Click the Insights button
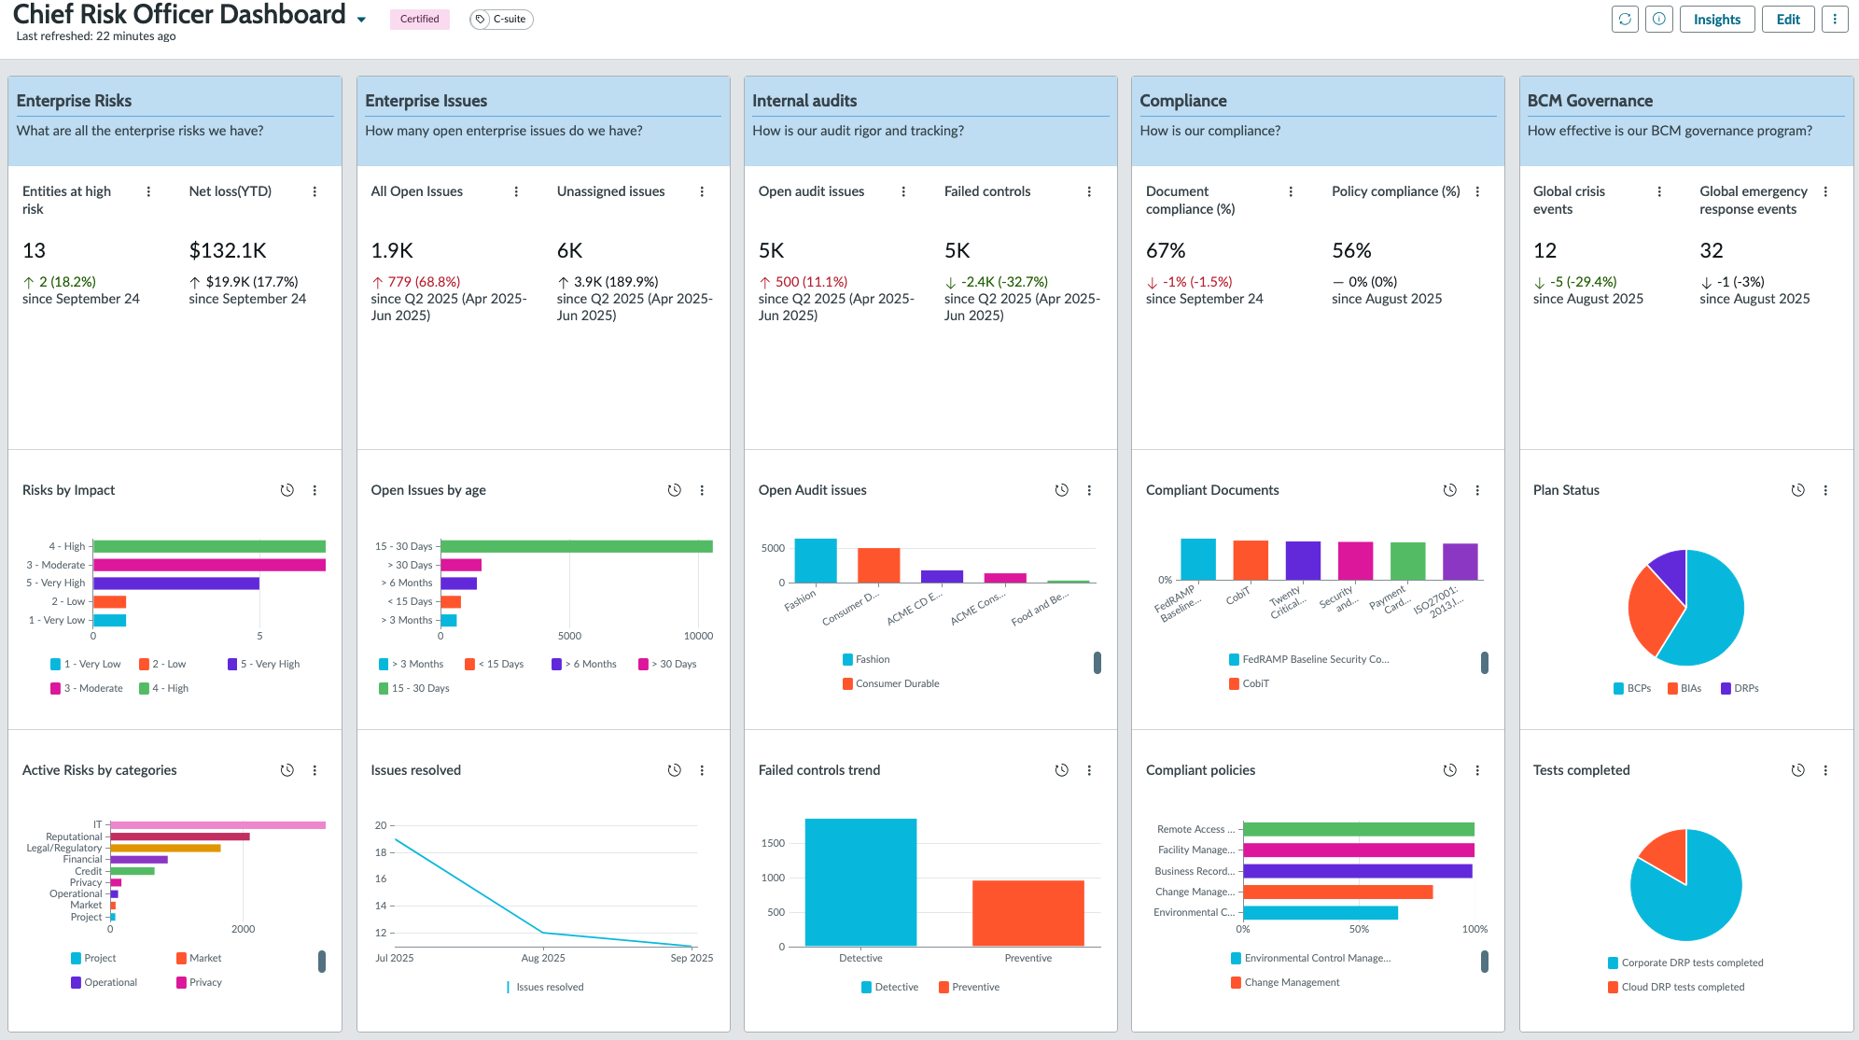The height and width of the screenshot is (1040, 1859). pos(1716,20)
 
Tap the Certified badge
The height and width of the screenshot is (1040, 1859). pos(420,20)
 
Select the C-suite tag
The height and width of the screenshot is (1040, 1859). pos(502,20)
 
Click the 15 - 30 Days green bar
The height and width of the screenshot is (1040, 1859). pos(577,546)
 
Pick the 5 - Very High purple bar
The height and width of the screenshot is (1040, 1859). pos(176,583)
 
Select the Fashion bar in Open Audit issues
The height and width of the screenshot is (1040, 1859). pos(816,561)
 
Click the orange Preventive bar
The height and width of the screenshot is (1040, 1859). pos(1028,913)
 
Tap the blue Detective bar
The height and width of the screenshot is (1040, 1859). pos(860,882)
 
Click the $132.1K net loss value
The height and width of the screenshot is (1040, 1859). pos(228,250)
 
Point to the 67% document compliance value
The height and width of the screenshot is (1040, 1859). pos(1166,250)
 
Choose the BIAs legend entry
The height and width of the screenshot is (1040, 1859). pos(1684,689)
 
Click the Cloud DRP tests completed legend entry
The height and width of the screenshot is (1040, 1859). pos(1676,988)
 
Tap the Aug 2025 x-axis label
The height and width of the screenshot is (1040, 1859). pos(542,958)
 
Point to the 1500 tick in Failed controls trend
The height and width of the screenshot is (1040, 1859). pos(773,843)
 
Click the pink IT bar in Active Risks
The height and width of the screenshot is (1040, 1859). pos(218,825)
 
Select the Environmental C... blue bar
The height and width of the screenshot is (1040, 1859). pos(1321,913)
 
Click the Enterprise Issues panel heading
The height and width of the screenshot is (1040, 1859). pos(426,101)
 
